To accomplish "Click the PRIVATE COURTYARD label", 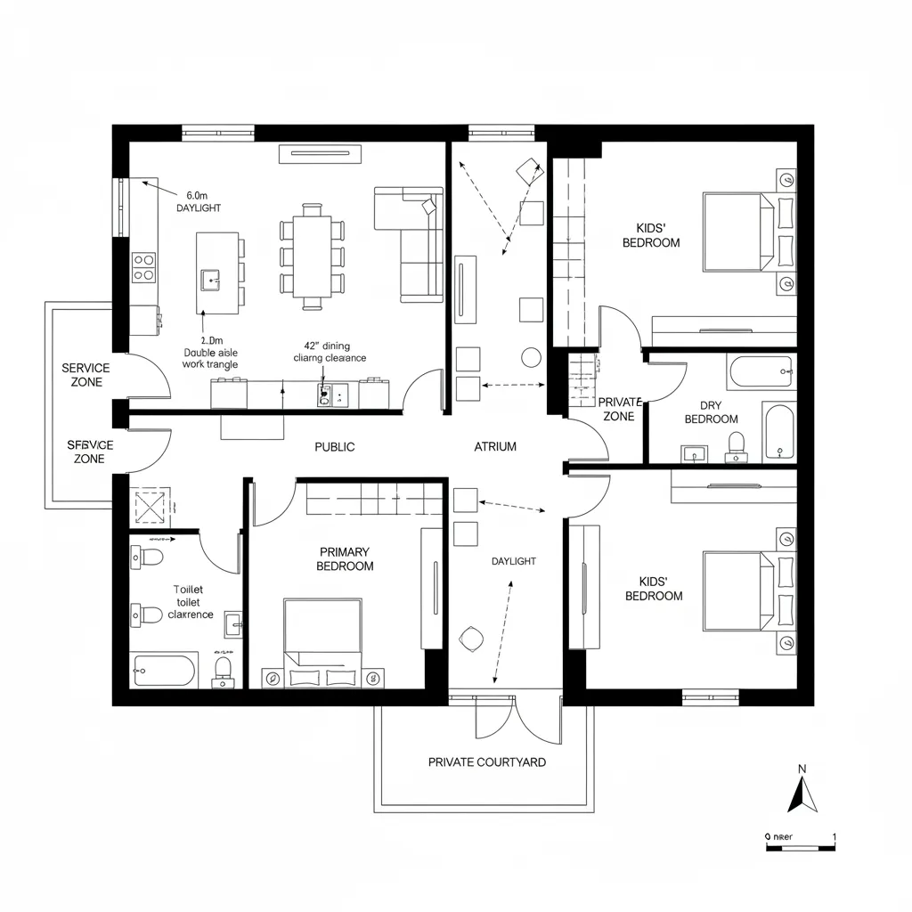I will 487,762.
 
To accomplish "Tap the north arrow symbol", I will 802,792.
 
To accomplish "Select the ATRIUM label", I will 495,447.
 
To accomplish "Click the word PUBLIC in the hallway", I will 335,447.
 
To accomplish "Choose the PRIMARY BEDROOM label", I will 345,559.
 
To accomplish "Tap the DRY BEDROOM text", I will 711,412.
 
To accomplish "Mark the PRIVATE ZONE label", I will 618,410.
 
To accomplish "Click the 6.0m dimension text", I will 197,195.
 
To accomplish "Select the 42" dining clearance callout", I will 330,352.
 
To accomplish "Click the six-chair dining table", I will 311,256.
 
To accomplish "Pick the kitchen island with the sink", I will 216,273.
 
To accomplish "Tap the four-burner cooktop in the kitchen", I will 143,266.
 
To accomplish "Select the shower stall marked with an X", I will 151,508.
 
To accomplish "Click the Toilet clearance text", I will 189,602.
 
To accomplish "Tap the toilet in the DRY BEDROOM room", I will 736,444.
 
